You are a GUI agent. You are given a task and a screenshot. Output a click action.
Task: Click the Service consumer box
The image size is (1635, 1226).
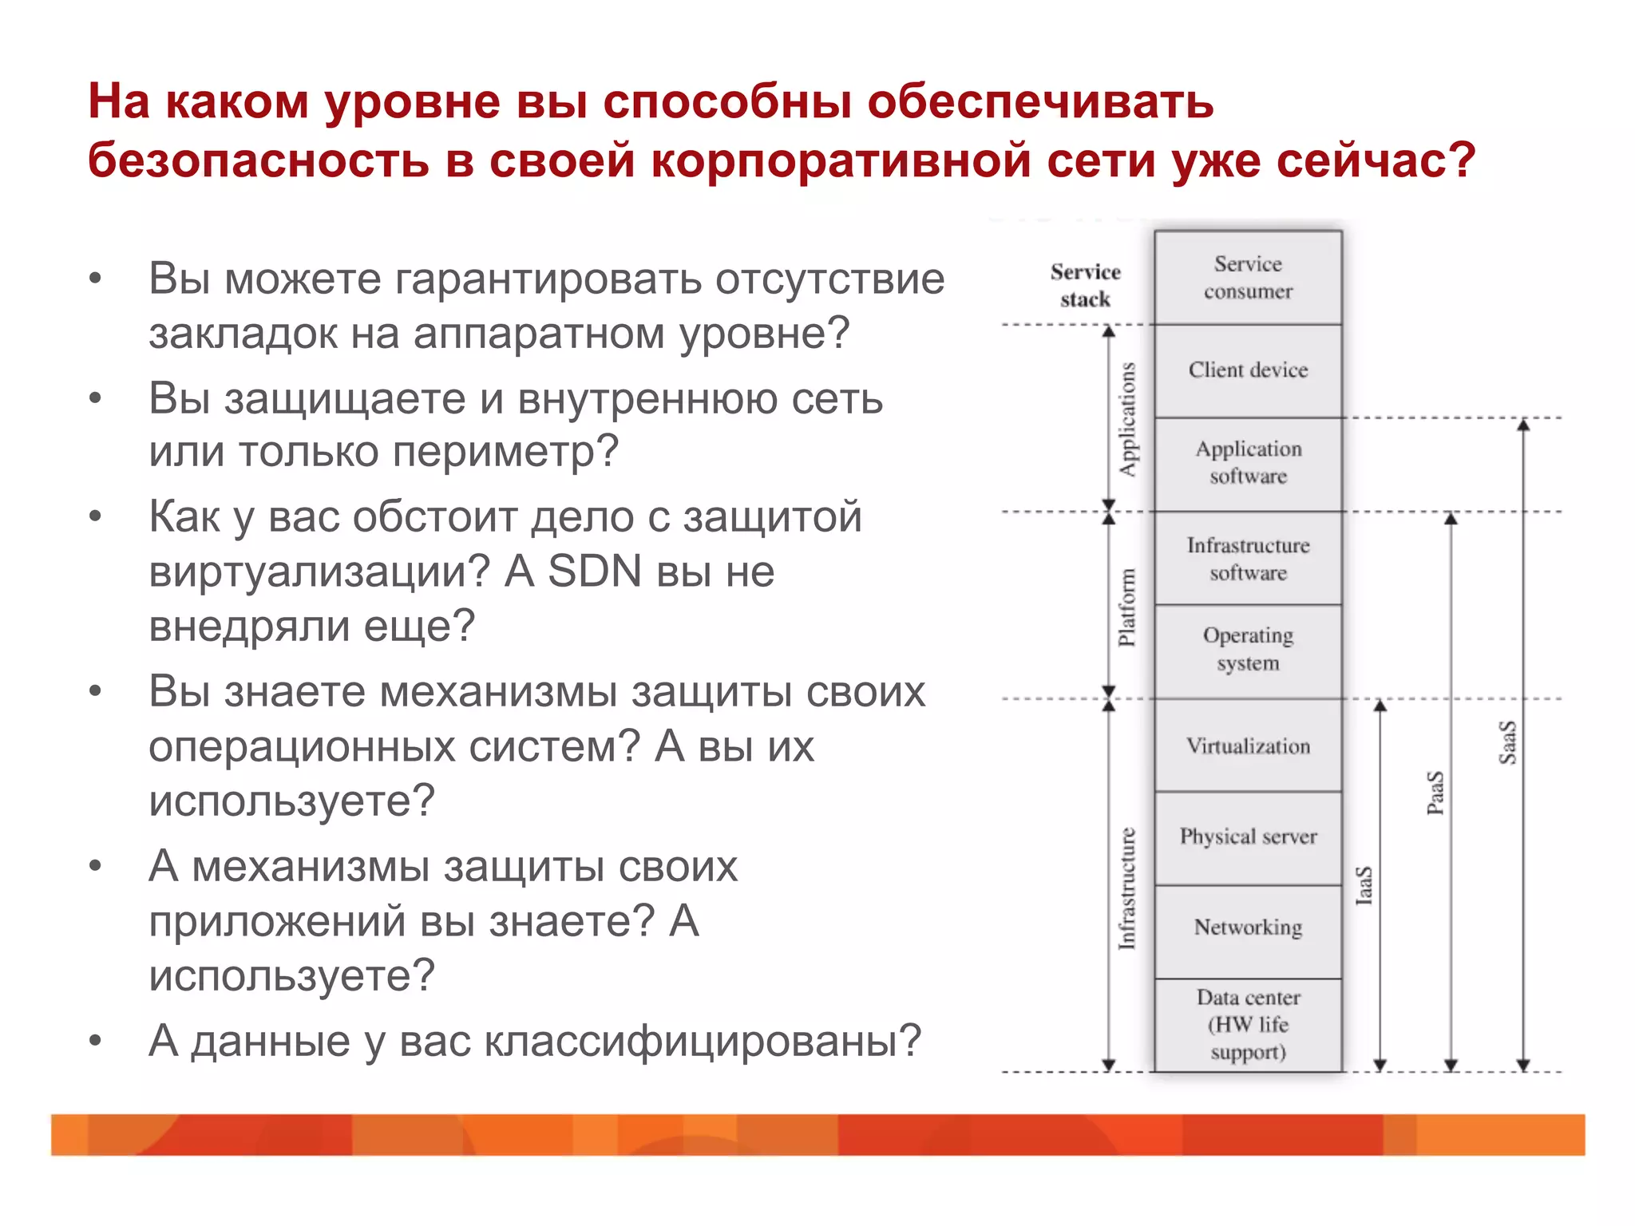click(1248, 278)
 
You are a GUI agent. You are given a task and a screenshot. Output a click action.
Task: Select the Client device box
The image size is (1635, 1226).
click(1248, 370)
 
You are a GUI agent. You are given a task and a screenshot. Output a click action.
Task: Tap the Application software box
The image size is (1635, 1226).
click(1248, 463)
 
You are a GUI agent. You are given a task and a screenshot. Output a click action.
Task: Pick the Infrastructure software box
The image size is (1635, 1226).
click(1248, 559)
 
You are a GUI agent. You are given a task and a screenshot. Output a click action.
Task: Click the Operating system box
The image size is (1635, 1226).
click(1248, 650)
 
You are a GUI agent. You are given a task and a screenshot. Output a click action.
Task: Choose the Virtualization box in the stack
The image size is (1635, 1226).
click(1248, 746)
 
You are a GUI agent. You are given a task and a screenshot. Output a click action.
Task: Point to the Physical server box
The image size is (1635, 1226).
click(1248, 837)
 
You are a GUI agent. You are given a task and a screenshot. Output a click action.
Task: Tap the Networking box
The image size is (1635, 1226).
click(1248, 927)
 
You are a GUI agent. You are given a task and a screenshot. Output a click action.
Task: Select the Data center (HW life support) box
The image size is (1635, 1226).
click(1248, 1025)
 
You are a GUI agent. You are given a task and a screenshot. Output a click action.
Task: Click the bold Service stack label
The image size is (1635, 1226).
click(1085, 286)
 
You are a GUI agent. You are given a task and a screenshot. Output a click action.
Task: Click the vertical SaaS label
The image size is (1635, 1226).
click(1507, 742)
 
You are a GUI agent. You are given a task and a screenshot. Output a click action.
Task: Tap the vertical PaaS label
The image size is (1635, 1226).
click(1435, 793)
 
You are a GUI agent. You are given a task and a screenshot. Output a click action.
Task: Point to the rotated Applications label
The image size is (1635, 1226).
click(1127, 420)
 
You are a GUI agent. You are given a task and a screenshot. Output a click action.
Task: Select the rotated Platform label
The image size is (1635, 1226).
click(1126, 607)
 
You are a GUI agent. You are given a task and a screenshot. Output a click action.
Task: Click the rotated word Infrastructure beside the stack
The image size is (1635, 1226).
click(1126, 888)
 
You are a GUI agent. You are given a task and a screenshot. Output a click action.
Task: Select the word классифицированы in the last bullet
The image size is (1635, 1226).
click(703, 1041)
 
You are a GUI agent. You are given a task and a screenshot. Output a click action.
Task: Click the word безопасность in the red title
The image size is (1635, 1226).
click(258, 160)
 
